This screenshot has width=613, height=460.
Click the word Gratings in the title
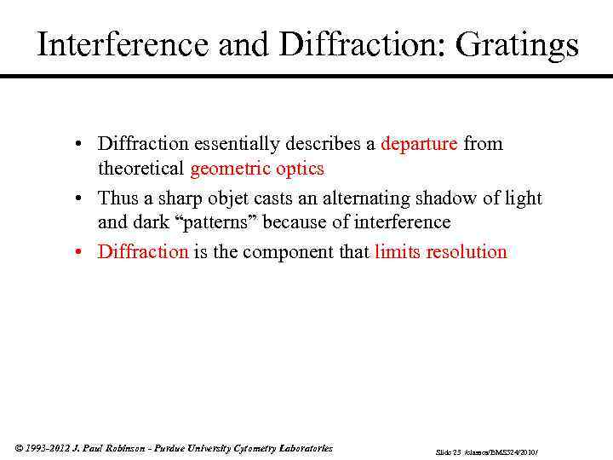[517, 45]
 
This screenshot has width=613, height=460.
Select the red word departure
[420, 143]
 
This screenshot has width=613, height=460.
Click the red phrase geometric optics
[256, 168]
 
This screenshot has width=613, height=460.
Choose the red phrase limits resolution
[440, 251]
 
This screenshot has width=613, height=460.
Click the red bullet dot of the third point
[77, 251]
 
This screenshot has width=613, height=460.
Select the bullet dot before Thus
[77, 198]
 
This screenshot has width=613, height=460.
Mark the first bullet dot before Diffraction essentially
[77, 143]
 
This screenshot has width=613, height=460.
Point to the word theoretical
[141, 168]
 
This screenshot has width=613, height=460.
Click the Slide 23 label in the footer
[448, 450]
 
